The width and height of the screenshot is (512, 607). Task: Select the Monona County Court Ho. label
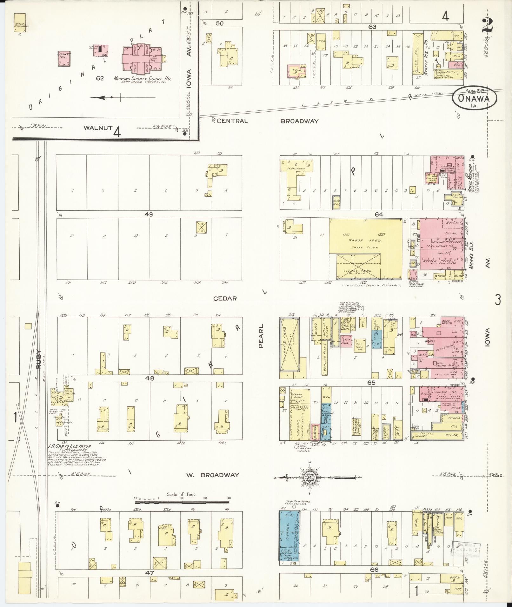pos(142,78)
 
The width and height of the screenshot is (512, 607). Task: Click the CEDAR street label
pos(225,299)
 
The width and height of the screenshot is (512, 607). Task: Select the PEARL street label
pos(261,336)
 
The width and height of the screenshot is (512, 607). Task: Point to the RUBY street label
pos(39,359)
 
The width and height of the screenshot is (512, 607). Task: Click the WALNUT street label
pos(98,128)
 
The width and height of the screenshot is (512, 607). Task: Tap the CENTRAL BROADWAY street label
pos(268,121)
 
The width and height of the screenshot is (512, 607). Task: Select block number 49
pos(149,214)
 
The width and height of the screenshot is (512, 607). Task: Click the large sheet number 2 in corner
pos(487,25)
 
